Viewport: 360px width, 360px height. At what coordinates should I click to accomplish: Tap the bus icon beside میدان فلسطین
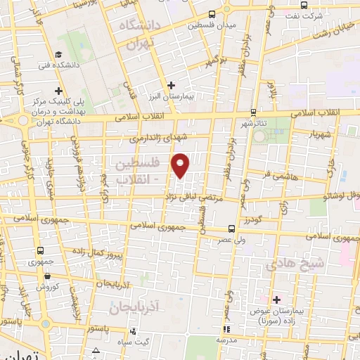(212, 14)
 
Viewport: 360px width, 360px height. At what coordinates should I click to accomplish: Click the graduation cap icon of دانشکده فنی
(58, 54)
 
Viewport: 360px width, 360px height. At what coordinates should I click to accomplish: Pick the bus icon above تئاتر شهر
(254, 111)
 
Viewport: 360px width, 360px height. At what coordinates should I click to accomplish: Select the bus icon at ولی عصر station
(231, 228)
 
